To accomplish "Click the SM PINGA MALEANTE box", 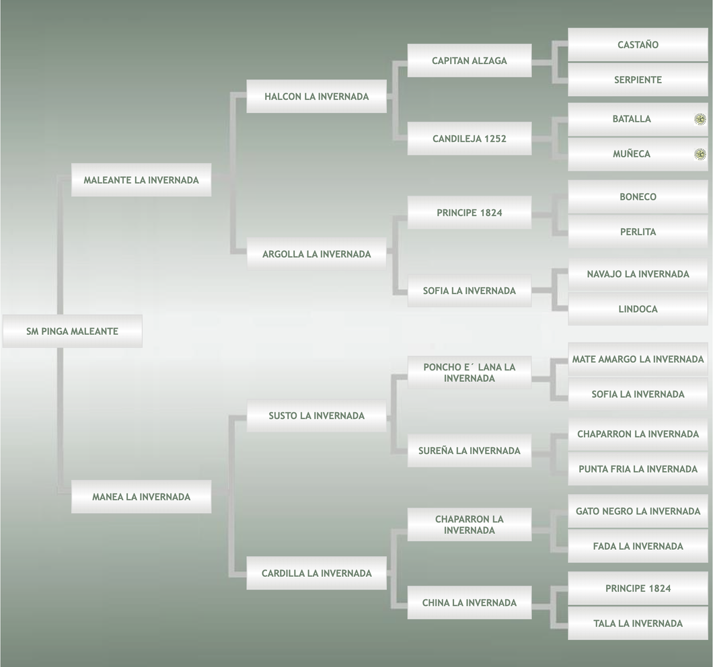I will pos(72,331).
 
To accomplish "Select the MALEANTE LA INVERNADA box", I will pos(141,180).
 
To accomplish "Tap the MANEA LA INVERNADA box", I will pos(141,497).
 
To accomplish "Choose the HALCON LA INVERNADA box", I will pos(316,96).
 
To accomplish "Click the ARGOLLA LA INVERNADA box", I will pos(316,254).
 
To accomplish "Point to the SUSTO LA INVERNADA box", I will pos(316,416).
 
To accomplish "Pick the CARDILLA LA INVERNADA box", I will pos(316,574).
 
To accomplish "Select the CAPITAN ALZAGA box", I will pos(469,61).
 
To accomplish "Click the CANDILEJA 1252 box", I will pos(469,139).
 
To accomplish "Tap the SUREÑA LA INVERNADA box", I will pos(469,450).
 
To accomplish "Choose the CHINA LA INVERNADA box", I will pos(469,602).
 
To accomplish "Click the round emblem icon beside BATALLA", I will pos(700,119).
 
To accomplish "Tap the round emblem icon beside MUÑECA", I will pos(700,154).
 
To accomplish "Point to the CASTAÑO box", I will pos(638,45).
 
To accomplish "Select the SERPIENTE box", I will pos(638,80).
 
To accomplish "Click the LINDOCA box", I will pos(638,309).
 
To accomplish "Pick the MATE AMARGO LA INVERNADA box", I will pos(638,360).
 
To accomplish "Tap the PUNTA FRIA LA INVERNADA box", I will pos(638,469).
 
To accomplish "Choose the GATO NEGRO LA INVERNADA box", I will pos(638,512).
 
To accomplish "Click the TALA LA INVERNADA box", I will pos(638,623).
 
